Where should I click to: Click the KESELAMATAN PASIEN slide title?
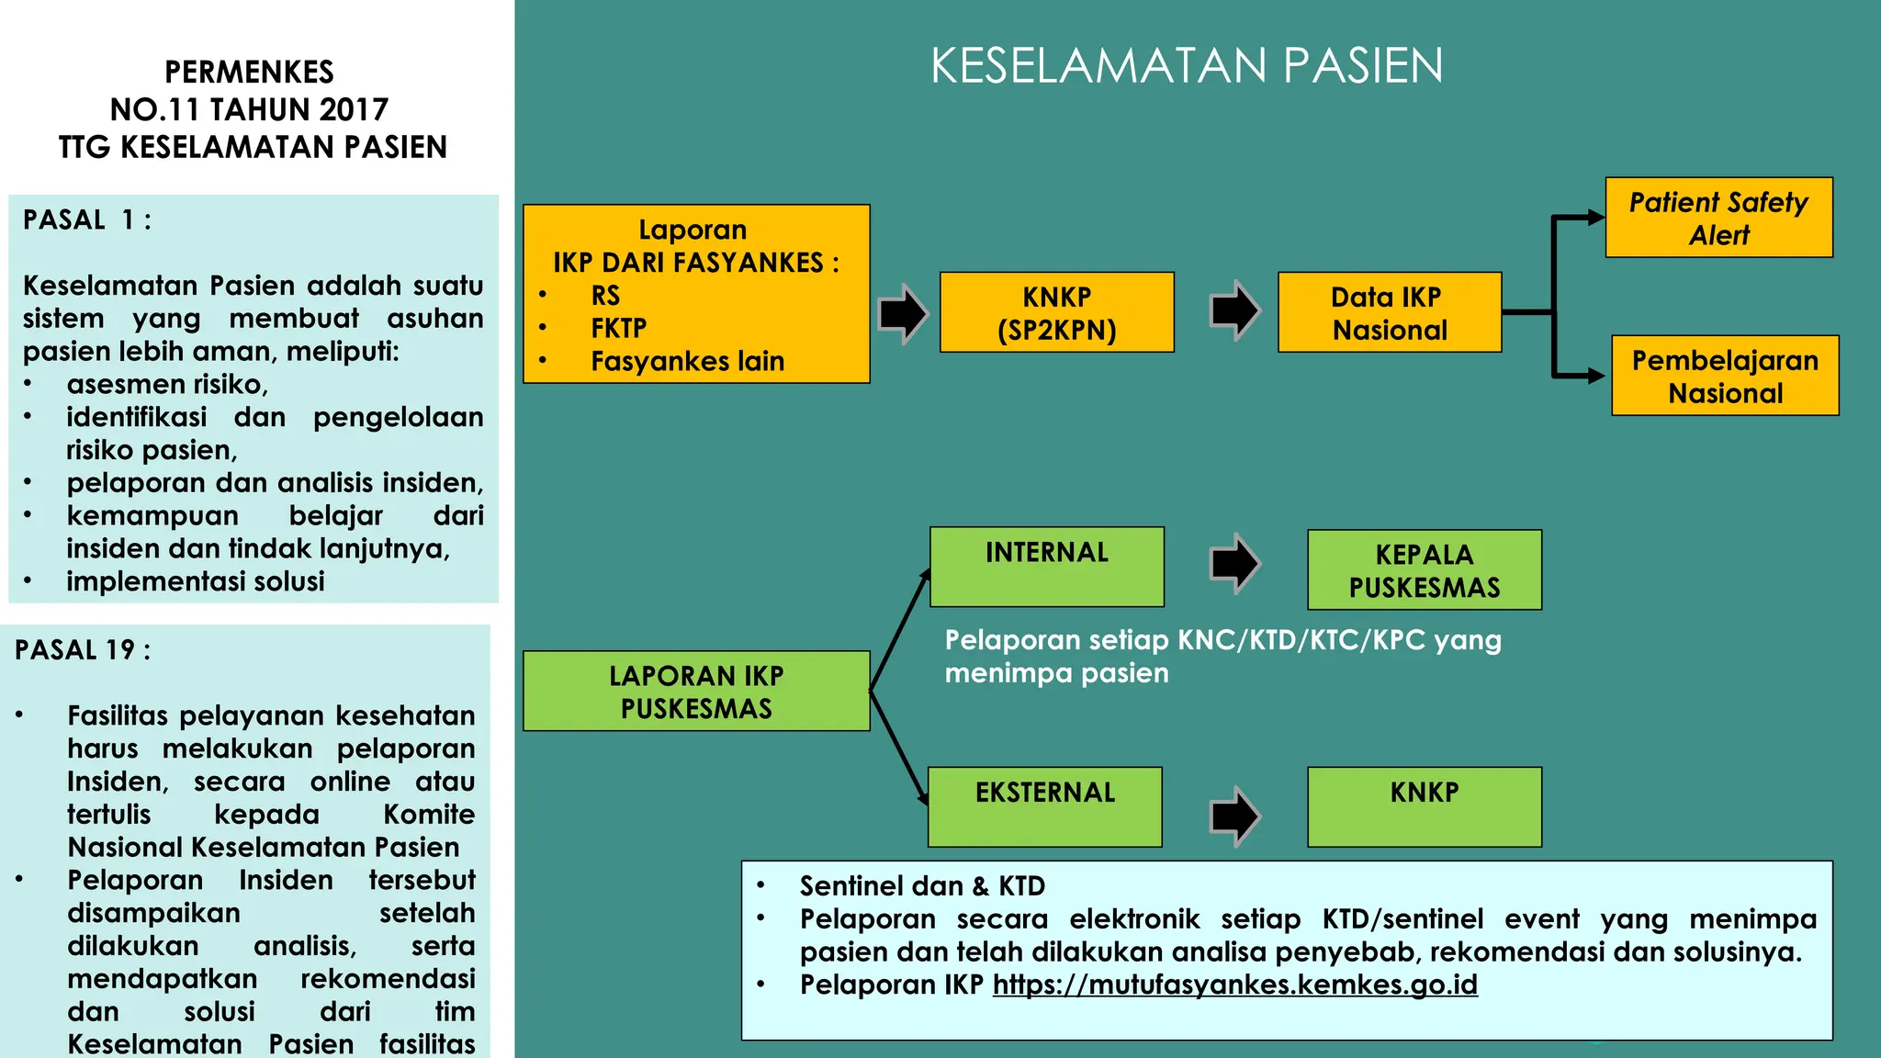(1186, 66)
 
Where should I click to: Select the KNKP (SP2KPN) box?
(1056, 312)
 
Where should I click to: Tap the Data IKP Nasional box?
(1389, 312)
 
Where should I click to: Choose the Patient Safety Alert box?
(1718, 218)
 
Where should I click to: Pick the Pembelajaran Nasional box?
(1725, 376)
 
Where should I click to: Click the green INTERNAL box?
(1046, 567)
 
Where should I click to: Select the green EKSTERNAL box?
(1044, 806)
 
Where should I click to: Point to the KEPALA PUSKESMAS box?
(1424, 570)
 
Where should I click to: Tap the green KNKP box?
(1424, 806)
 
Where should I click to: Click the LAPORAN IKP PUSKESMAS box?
(695, 692)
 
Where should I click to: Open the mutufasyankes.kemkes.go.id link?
(1234, 985)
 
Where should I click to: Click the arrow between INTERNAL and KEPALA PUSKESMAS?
(1234, 562)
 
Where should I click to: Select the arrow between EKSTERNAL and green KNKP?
(1234, 816)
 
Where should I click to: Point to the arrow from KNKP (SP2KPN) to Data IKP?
(1234, 310)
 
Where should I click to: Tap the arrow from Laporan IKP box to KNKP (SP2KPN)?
(903, 313)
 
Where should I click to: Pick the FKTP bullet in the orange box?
(618, 328)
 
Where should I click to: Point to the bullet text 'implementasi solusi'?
(195, 581)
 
